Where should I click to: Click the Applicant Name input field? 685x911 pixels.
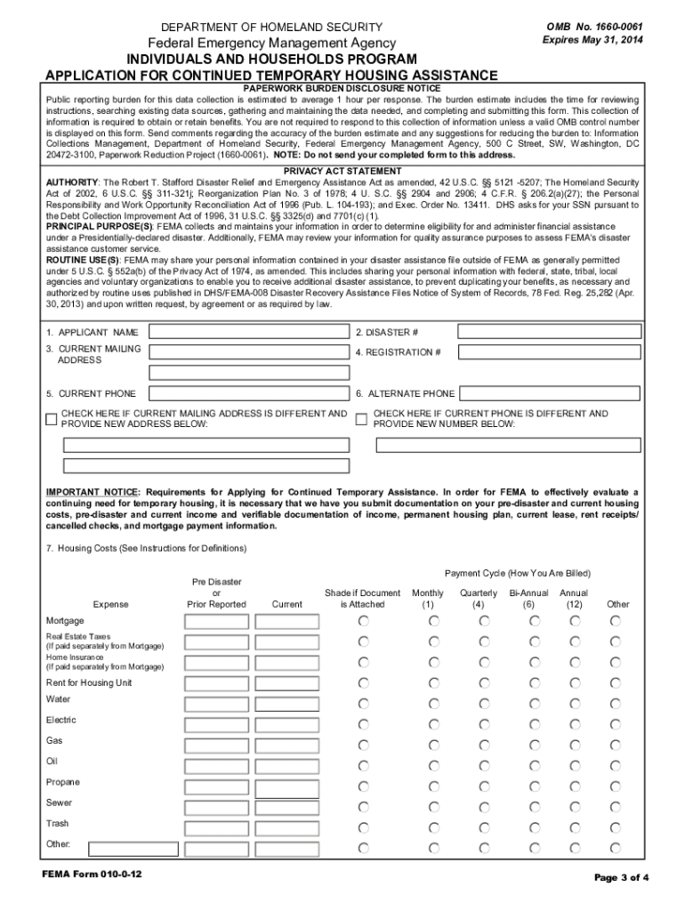(x=249, y=332)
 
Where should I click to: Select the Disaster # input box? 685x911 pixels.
(x=549, y=332)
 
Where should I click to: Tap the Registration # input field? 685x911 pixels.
(x=549, y=352)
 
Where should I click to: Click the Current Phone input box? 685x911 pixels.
(x=249, y=393)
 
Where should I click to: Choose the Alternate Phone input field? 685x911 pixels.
(x=549, y=393)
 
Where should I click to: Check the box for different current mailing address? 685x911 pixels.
(x=52, y=419)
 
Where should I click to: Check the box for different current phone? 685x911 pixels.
(x=361, y=419)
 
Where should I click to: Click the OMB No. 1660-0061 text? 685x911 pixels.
(x=595, y=28)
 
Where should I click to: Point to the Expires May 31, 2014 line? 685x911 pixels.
(x=592, y=41)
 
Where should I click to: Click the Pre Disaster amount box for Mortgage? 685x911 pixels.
(x=215, y=621)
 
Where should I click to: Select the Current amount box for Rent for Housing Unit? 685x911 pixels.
(x=286, y=683)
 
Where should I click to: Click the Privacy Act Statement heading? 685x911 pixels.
(x=342, y=171)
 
